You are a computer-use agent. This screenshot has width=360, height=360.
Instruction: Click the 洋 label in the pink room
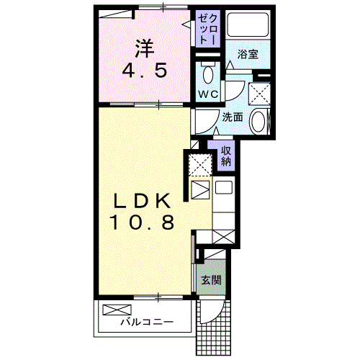tap(145, 49)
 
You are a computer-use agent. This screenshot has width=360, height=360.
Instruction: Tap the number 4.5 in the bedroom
tap(145, 71)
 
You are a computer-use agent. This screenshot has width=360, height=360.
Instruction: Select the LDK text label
tap(142, 201)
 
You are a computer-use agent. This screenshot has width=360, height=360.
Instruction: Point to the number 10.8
tap(142, 222)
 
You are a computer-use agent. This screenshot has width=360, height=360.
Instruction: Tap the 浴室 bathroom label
tap(248, 54)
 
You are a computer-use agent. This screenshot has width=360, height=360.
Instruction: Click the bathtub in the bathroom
tap(248, 24)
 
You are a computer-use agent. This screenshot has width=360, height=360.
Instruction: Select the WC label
tap(209, 94)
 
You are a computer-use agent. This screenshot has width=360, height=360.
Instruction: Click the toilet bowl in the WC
tap(208, 75)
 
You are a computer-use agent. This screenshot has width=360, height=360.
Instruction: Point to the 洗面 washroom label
tap(233, 117)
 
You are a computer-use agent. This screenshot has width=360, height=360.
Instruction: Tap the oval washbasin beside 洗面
tap(258, 121)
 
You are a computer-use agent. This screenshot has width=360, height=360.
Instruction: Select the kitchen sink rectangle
tap(224, 187)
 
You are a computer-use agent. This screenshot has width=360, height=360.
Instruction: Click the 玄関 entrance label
tap(211, 280)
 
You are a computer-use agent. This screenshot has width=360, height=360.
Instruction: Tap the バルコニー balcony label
tap(146, 322)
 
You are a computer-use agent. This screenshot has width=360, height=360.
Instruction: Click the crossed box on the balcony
tap(117, 310)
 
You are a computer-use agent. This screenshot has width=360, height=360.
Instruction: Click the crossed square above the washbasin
tap(259, 94)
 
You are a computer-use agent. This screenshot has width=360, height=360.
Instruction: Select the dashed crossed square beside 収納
tap(200, 165)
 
